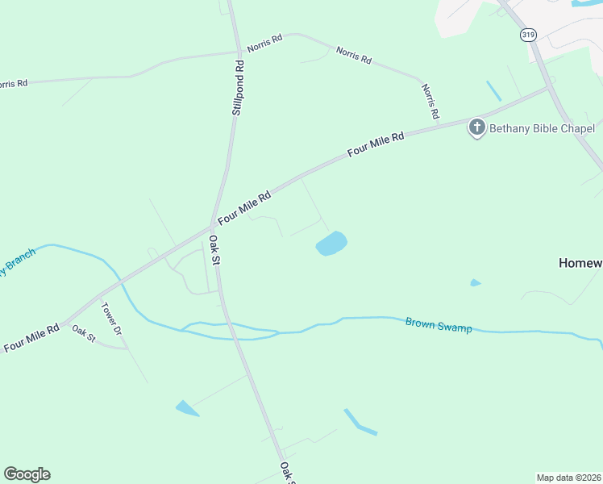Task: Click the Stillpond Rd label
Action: point(238,86)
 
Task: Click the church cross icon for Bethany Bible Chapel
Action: point(477,127)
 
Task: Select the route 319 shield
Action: point(528,35)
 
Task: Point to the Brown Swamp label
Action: point(439,324)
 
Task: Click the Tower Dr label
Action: point(110,319)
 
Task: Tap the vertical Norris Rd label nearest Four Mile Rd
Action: point(430,101)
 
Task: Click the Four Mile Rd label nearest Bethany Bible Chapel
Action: point(375,145)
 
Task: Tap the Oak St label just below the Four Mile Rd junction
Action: point(215,249)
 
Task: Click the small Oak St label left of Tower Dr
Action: point(83,332)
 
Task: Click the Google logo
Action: point(27,474)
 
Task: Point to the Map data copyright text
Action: point(569,477)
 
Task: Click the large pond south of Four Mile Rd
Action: point(331,244)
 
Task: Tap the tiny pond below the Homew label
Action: point(476,283)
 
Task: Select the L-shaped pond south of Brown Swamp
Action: point(359,423)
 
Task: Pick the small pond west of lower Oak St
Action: point(187,409)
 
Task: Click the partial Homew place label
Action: point(580,263)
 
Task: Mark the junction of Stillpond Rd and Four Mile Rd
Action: point(213,226)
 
